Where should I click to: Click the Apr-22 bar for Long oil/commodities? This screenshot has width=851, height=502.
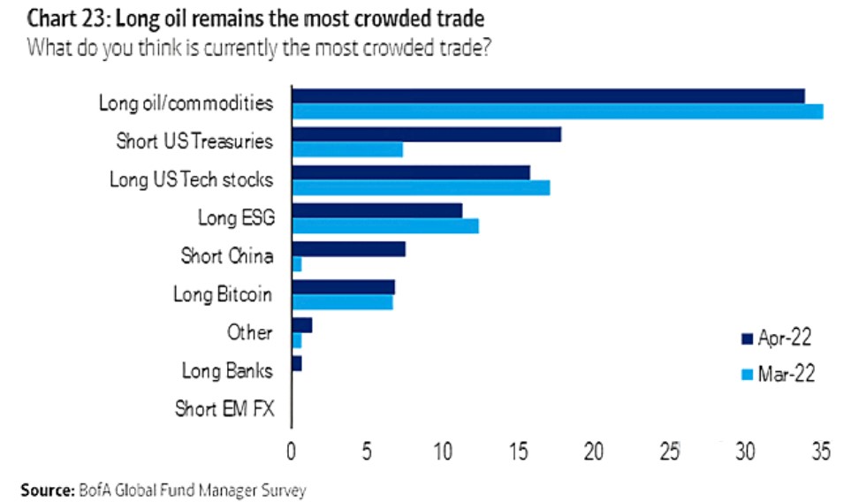(548, 95)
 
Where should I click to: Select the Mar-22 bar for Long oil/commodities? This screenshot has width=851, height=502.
(557, 111)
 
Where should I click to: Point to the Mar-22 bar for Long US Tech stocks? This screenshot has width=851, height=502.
(420, 187)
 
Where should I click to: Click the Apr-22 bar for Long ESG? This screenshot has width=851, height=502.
(376, 210)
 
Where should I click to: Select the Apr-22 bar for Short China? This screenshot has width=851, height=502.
(348, 249)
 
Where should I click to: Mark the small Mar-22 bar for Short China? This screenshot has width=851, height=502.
(296, 264)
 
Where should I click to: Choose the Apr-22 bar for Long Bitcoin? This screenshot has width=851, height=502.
(343, 287)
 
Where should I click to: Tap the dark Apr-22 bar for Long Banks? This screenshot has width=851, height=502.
(296, 363)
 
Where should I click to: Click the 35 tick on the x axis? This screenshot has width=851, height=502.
(821, 452)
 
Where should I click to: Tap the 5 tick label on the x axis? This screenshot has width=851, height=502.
(366, 452)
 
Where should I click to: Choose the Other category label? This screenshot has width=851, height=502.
(250, 332)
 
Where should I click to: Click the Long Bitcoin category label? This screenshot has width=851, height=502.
(223, 294)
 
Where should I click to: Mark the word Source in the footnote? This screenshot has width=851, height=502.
(46, 489)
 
